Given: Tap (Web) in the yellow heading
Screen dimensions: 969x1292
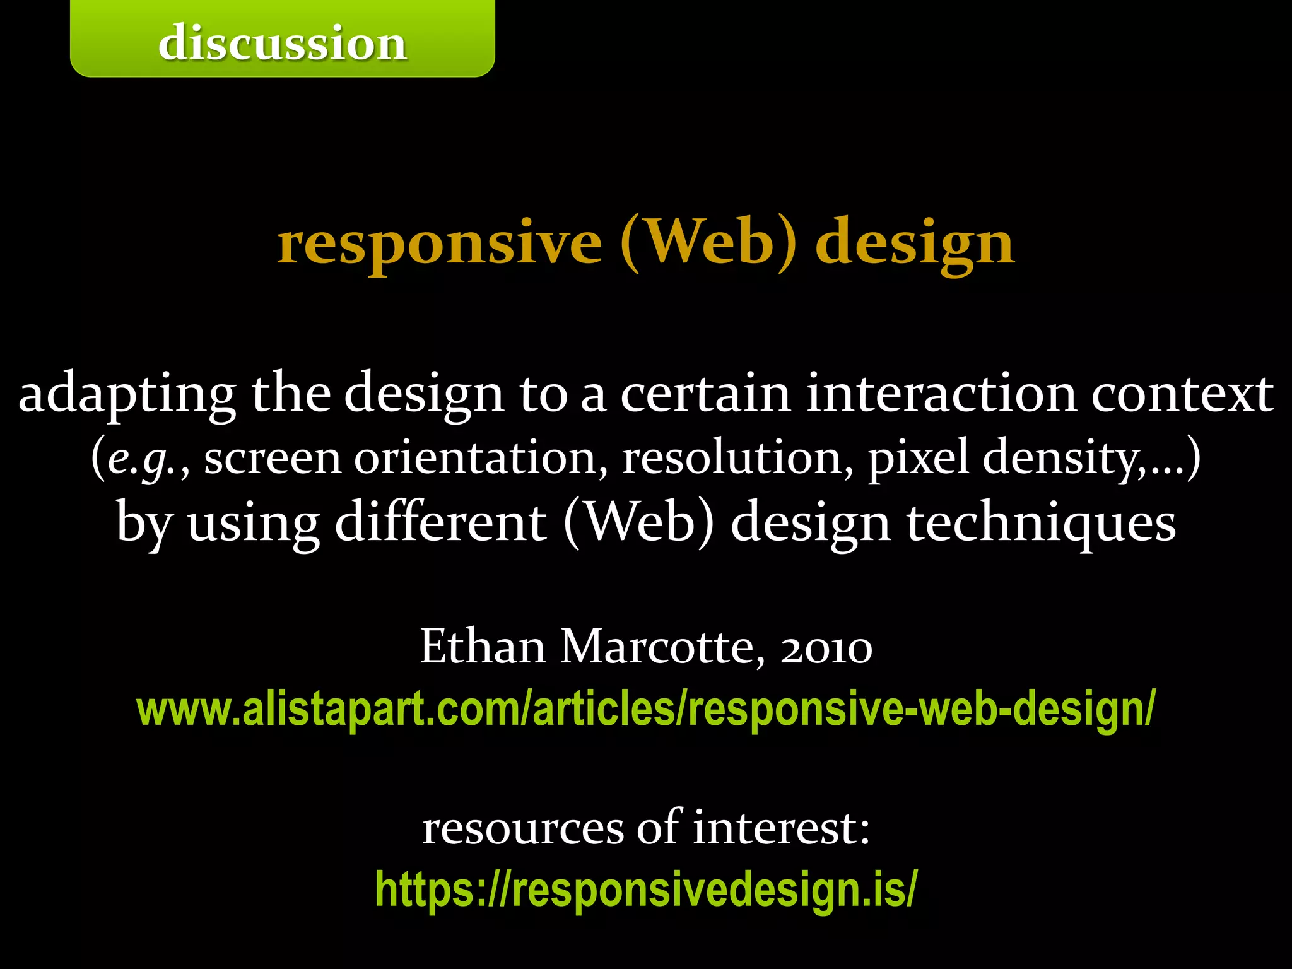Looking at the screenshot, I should pyautogui.click(x=708, y=243).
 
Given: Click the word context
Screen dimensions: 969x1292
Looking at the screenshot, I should pyautogui.click(x=1182, y=393).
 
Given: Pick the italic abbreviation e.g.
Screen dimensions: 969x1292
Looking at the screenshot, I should pyautogui.click(x=141, y=459).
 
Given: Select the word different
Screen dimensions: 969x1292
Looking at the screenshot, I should pyautogui.click(x=440, y=522).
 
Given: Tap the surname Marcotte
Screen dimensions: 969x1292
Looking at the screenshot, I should pyautogui.click(x=662, y=647).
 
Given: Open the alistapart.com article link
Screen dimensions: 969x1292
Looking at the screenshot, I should pyautogui.click(x=646, y=709).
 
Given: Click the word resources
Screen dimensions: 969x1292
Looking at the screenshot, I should pyautogui.click(x=523, y=828).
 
